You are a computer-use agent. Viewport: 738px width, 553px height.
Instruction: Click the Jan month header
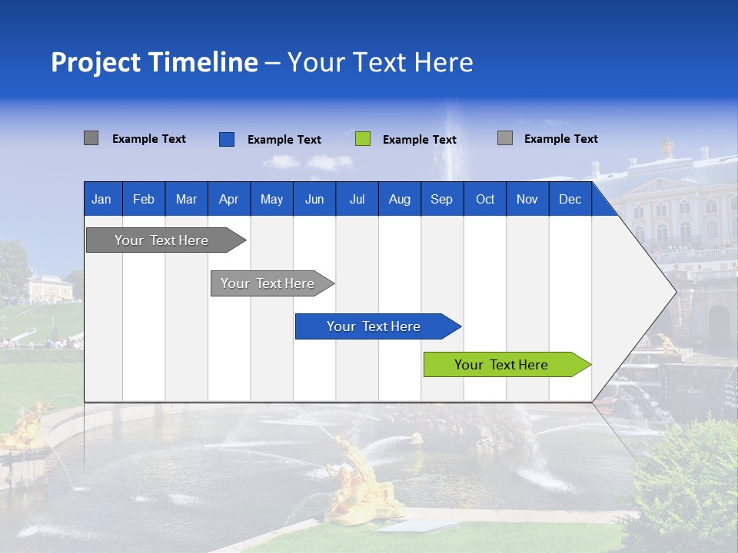(102, 199)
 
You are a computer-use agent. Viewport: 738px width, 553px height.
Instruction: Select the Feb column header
(144, 199)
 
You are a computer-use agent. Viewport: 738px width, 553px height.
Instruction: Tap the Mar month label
(186, 199)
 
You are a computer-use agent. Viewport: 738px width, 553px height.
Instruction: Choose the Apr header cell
(229, 199)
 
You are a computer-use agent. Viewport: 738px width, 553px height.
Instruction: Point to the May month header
(271, 199)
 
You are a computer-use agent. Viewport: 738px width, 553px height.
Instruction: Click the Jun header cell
(314, 199)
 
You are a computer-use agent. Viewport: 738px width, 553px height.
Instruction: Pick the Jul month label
(357, 199)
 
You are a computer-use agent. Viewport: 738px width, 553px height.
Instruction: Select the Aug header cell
(400, 199)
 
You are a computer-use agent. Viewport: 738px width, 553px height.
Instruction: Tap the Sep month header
(442, 199)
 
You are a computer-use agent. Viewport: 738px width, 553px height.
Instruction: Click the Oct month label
(485, 199)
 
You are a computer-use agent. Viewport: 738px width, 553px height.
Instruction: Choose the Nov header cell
(527, 199)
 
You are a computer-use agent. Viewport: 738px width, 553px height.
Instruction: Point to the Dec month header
(570, 199)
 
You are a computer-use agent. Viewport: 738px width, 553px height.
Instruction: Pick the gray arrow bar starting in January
(162, 240)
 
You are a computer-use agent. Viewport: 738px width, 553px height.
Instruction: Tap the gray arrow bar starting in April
(268, 283)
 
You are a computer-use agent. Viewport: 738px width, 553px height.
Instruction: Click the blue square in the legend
(227, 139)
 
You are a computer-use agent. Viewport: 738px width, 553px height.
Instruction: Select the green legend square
(363, 139)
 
